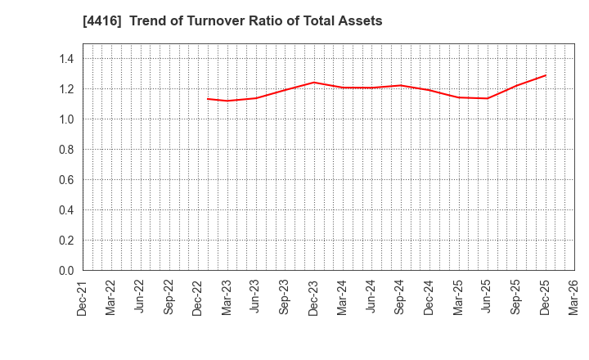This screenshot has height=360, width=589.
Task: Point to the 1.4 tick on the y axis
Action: (66, 59)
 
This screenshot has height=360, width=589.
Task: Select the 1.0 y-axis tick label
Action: (66, 119)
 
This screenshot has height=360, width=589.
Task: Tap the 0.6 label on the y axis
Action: (66, 180)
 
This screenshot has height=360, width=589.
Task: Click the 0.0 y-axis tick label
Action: (66, 271)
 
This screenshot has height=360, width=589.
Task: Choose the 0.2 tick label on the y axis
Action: (66, 241)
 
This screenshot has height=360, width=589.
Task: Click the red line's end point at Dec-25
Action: (546, 75)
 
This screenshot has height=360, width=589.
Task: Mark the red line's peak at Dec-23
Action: (313, 82)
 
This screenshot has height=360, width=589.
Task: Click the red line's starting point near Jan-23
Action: (208, 99)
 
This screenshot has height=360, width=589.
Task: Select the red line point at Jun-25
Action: (488, 98)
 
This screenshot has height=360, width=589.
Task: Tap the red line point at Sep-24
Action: (400, 85)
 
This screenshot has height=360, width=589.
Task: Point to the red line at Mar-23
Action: (227, 101)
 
